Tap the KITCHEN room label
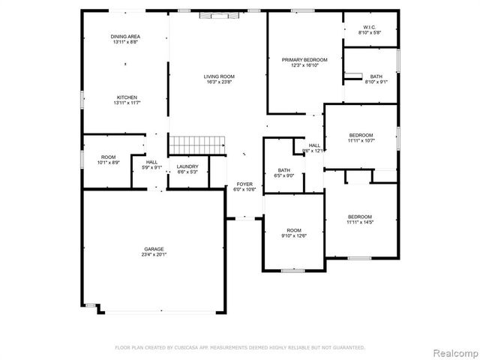click(x=127, y=97)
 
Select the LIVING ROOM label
click(x=220, y=76)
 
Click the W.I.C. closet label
click(x=370, y=27)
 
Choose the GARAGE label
click(x=154, y=248)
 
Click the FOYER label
click(x=244, y=184)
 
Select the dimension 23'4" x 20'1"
click(x=154, y=254)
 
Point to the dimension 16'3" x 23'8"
click(x=220, y=82)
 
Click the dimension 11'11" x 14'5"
click(x=360, y=222)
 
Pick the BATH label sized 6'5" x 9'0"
click(x=284, y=169)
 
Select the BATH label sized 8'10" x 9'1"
click(x=375, y=76)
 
